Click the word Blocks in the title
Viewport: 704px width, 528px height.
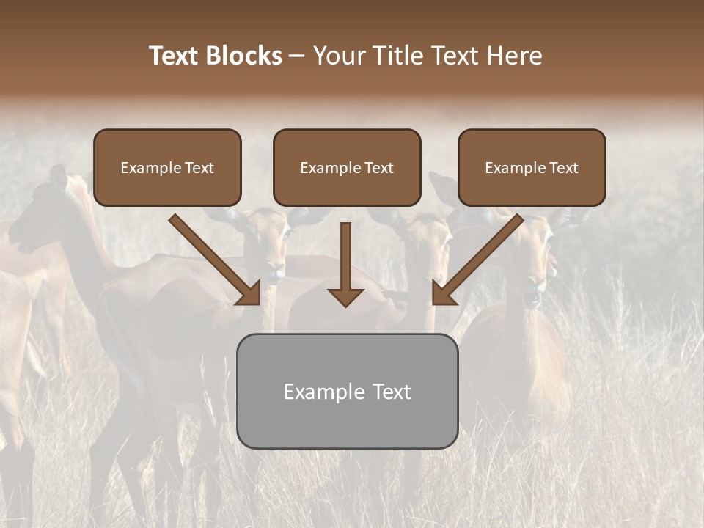243,56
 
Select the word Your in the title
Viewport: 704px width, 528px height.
340,56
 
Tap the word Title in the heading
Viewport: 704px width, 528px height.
399,56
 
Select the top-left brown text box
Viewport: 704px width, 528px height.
167,168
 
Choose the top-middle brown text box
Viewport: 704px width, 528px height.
347,168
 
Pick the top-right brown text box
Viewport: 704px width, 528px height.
532,168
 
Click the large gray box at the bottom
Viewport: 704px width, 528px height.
348,391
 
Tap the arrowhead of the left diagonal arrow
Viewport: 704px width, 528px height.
249,293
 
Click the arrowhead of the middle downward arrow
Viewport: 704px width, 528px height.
345,297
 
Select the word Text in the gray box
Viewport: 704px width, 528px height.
391,392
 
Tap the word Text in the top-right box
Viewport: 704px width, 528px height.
564,168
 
